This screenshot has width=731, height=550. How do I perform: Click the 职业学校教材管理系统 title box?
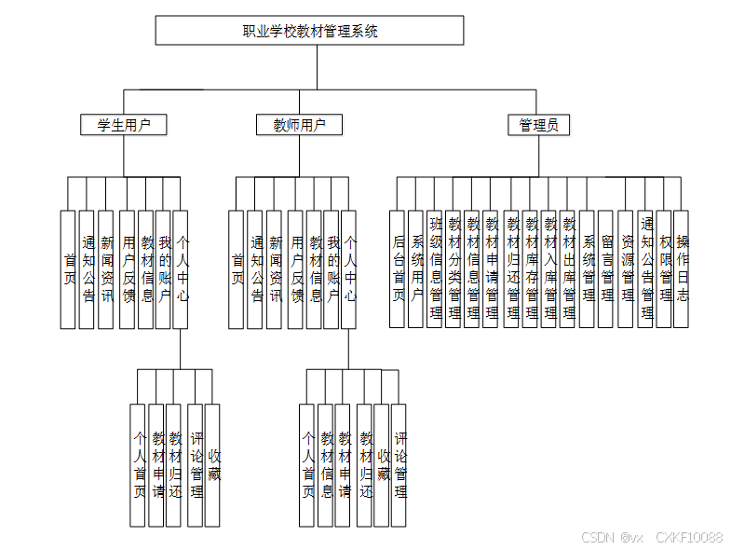[309, 31]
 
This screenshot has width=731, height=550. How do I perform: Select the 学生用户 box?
[123, 125]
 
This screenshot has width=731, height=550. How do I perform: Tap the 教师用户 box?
[299, 125]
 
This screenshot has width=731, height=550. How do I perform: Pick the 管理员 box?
[538, 125]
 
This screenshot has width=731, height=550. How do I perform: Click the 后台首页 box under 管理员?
[399, 268]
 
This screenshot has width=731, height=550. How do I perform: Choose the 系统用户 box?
[416, 268]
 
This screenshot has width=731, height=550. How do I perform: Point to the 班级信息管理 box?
[435, 268]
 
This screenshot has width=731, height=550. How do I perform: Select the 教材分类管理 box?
[453, 268]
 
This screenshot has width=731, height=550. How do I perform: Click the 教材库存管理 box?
[531, 268]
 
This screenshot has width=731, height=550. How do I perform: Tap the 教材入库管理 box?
[549, 268]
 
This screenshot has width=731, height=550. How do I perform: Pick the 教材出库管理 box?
[568, 268]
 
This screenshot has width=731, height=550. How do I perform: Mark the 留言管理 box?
[606, 268]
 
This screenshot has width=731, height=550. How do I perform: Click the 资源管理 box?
[626, 268]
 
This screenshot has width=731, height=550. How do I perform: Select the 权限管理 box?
[664, 268]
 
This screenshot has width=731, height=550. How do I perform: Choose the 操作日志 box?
[682, 268]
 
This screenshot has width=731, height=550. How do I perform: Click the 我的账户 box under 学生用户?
[164, 268]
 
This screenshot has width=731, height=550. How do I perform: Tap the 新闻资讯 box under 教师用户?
[275, 268]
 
